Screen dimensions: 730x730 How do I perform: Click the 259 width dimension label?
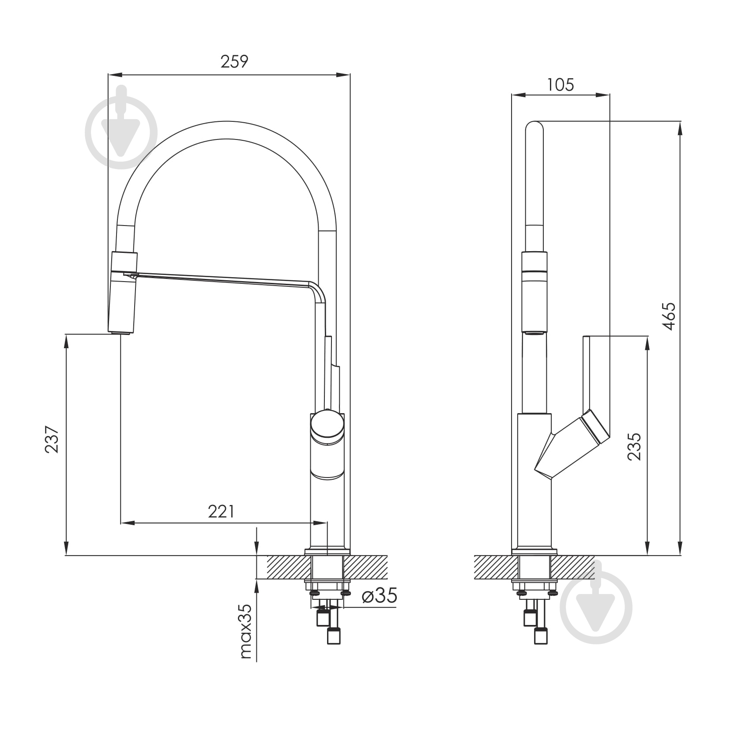pyautogui.click(x=234, y=61)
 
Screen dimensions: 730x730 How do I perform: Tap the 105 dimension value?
pyautogui.click(x=561, y=84)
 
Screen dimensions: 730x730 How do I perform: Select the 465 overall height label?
pyautogui.click(x=669, y=316)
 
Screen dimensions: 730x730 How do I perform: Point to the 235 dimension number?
pyautogui.click(x=634, y=447)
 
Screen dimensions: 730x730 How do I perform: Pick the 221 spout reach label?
pyautogui.click(x=221, y=511)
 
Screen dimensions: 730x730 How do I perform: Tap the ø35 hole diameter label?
pyautogui.click(x=380, y=595)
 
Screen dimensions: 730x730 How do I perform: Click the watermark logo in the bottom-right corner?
pyautogui.click(x=596, y=607)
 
